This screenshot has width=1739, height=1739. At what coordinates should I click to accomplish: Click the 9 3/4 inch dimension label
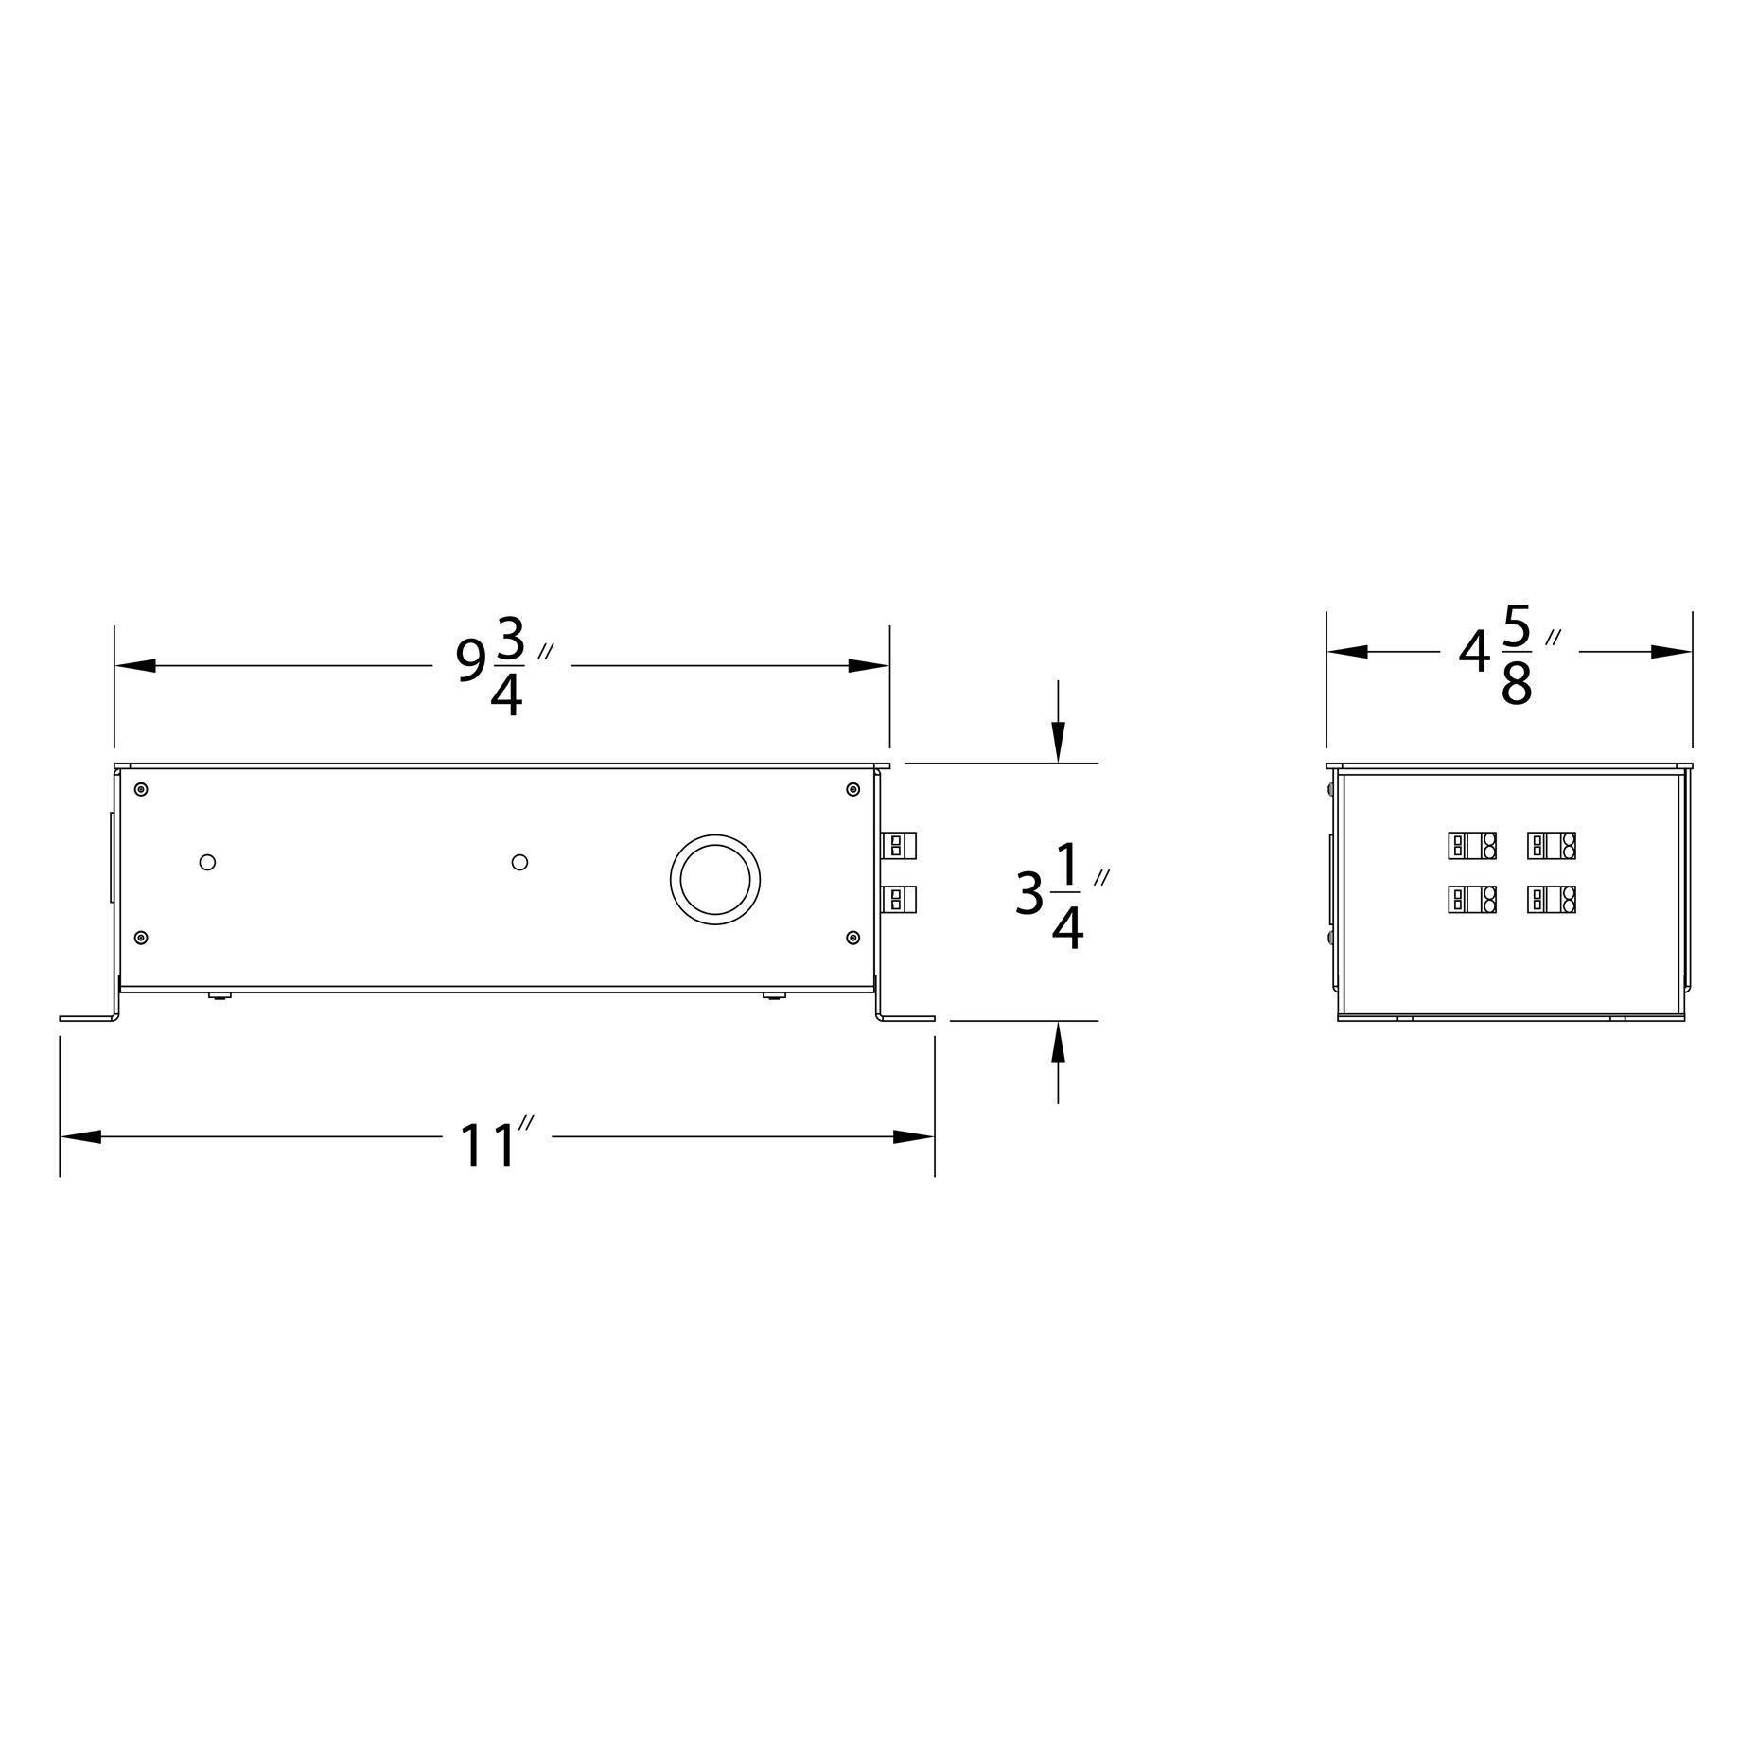[505, 666]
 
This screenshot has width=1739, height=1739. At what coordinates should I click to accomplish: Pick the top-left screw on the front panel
[141, 789]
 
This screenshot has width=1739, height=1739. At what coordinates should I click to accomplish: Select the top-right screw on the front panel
[852, 789]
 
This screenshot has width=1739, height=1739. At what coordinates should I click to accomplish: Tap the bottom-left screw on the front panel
[141, 938]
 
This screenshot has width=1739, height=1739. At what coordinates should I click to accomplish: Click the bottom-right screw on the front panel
[852, 938]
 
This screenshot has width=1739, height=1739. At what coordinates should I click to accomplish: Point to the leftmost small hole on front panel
[208, 862]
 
